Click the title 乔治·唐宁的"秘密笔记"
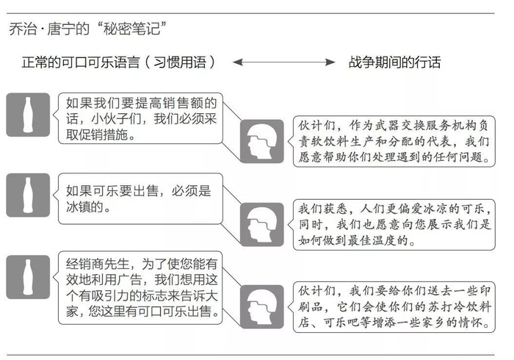[86, 29]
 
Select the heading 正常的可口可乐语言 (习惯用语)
[119, 62]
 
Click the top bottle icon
[28, 115]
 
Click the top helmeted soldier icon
[263, 140]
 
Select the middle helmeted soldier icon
[263, 220]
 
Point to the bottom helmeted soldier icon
[263, 303]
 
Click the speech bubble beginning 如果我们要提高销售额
[140, 118]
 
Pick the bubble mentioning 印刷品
[394, 306]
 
